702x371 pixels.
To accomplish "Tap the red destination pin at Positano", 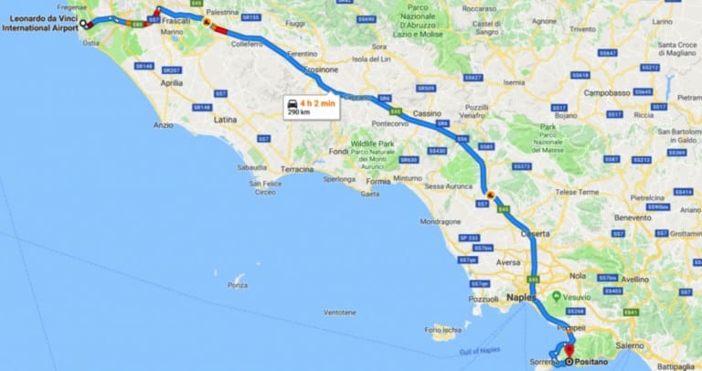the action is [x=569, y=350].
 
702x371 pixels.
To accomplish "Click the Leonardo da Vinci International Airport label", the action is [x=40, y=23].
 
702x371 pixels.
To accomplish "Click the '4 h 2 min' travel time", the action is [x=317, y=103].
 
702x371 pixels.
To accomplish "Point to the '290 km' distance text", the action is [x=299, y=113].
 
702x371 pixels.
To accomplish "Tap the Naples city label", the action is [x=523, y=298].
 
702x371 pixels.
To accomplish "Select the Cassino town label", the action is [x=427, y=112].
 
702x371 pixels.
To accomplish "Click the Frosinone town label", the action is [x=321, y=69].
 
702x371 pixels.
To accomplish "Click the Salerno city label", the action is [x=630, y=345].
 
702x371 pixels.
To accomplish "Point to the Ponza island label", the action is [x=238, y=285].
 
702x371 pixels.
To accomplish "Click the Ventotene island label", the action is [x=339, y=312].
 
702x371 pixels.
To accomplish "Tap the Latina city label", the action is [x=225, y=120].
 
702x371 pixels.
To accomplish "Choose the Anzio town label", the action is [x=164, y=125].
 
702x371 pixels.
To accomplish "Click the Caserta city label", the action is [x=535, y=234].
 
